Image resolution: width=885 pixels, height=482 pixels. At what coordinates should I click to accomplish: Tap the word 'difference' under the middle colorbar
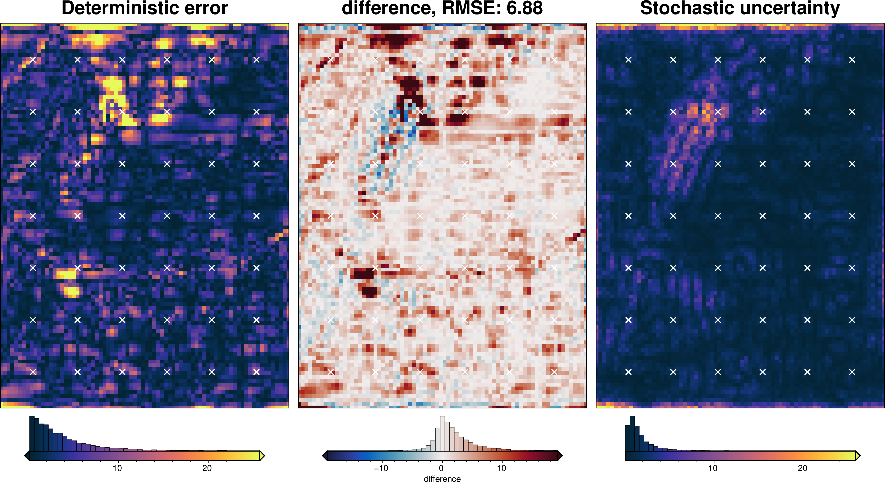pyautogui.click(x=442, y=479)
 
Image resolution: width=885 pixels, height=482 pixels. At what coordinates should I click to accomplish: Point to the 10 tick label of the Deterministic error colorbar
pyautogui.click(x=117, y=468)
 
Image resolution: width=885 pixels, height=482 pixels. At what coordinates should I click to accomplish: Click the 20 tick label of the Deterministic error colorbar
pyautogui.click(x=207, y=468)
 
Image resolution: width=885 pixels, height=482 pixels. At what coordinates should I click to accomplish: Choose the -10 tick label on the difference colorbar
pyautogui.click(x=381, y=468)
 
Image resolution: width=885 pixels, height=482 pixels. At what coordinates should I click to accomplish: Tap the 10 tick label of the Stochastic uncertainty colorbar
pyautogui.click(x=713, y=468)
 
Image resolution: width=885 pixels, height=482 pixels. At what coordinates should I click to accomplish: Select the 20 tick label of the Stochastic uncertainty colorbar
pyautogui.click(x=803, y=468)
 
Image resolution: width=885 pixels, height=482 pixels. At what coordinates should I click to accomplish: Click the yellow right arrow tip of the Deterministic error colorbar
pyautogui.click(x=262, y=456)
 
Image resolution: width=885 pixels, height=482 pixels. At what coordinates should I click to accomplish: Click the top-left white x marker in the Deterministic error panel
pyautogui.click(x=33, y=60)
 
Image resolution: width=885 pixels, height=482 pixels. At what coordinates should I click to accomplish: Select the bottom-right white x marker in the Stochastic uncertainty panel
pyautogui.click(x=852, y=372)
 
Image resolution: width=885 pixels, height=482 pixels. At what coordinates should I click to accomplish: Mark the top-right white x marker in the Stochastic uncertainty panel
pyautogui.click(x=852, y=60)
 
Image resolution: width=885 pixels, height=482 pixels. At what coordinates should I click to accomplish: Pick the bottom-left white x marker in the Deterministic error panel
pyautogui.click(x=33, y=372)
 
